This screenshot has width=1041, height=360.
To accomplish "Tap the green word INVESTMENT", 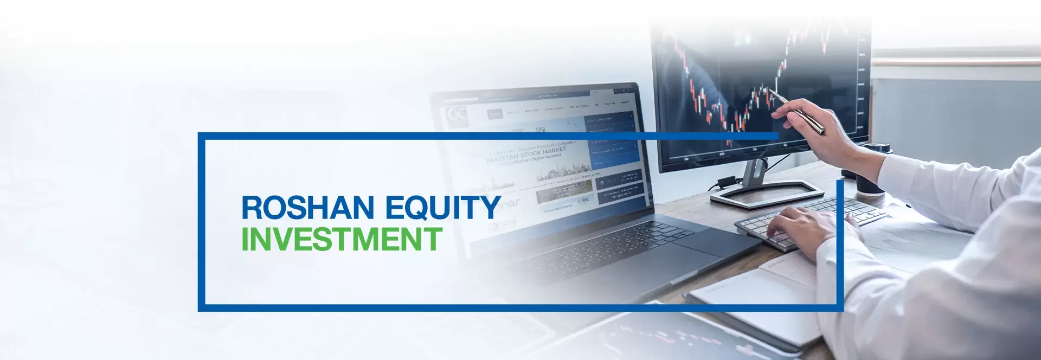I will point(342,239).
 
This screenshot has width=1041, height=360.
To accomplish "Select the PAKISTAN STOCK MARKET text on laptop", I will point(526,155).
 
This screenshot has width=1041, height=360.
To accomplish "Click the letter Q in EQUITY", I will point(420,208).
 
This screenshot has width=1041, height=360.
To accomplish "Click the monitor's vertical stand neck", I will point(754,173).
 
